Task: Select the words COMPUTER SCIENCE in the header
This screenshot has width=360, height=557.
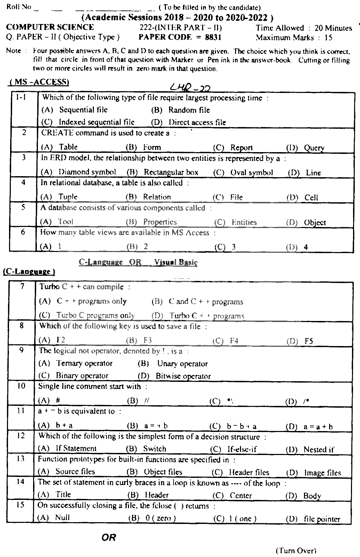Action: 50,28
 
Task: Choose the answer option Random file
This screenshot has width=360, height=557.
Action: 189,110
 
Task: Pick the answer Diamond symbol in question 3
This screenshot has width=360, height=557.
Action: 87,172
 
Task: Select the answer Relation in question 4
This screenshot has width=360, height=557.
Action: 157,197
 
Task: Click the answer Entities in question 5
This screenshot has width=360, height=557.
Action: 244,222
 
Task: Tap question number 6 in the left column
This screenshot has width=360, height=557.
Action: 23,232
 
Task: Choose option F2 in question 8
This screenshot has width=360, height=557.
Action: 61,340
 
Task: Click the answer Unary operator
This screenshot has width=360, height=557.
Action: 182,364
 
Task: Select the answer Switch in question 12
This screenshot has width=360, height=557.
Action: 155,449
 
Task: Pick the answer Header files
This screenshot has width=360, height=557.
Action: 249,472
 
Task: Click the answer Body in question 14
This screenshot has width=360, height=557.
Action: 312,496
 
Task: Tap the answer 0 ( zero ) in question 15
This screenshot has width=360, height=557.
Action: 160,518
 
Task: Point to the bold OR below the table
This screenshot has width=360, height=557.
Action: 109,538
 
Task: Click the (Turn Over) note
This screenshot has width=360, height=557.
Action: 296,551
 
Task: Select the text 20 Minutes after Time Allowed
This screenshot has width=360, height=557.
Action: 333,28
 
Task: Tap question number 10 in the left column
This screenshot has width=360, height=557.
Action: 21,386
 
